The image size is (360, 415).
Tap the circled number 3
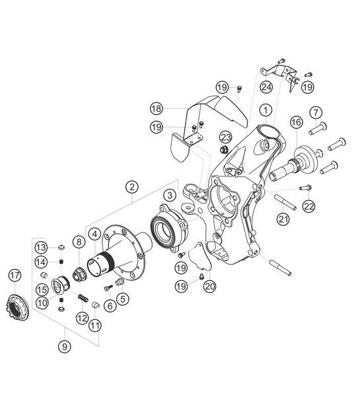[170, 195]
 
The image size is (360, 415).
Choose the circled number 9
[64, 344]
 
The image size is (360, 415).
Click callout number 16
[295, 122]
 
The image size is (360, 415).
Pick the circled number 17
[15, 275]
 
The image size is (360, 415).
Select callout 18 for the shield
[156, 107]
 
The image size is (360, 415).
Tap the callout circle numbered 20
[210, 286]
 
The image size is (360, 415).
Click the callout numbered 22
[309, 206]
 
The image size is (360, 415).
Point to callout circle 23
[226, 137]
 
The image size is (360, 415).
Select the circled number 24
[266, 87]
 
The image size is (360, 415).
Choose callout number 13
[41, 247]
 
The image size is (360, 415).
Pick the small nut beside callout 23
[225, 150]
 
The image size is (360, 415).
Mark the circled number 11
[96, 326]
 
